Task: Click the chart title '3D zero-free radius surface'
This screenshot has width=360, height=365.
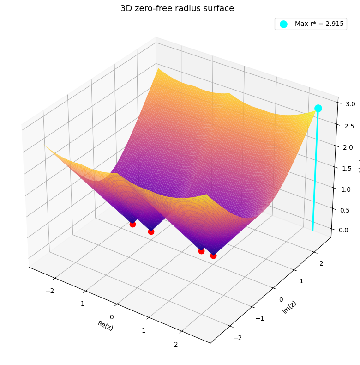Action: pos(177,8)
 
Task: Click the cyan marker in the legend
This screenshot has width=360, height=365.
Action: pos(283,24)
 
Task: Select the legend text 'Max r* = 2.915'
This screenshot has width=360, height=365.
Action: pos(319,24)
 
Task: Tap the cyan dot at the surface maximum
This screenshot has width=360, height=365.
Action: pos(318,108)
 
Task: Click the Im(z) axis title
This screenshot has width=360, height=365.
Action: pos(289,307)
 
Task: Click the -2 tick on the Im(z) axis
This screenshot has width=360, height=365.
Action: pos(237,338)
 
